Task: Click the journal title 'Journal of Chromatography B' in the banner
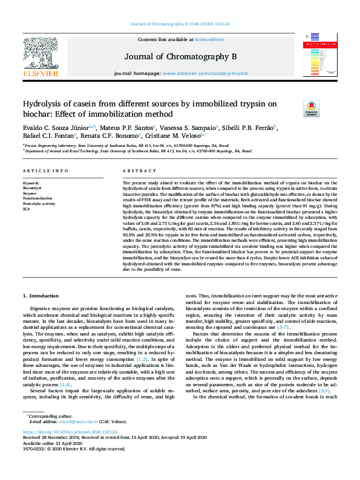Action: [180, 56]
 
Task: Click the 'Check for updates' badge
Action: [311, 109]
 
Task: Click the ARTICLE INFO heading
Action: [45, 172]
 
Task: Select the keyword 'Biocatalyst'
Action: [33, 188]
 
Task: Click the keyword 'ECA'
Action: [27, 208]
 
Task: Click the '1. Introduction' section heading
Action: [41, 296]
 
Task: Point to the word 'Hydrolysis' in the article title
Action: [44, 104]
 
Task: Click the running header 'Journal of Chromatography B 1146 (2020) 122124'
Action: [180, 25]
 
